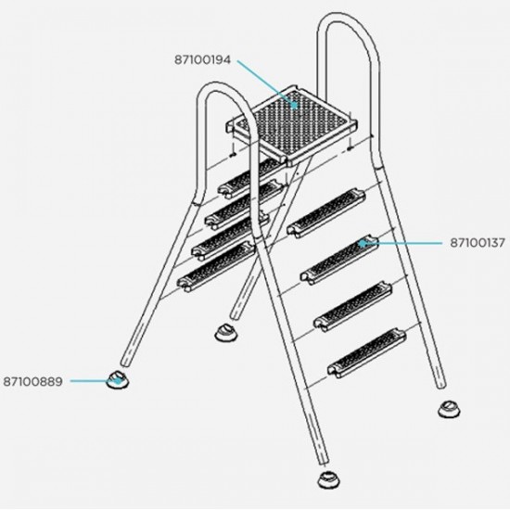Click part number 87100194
(x=203, y=60)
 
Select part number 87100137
(x=478, y=243)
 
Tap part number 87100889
(x=32, y=381)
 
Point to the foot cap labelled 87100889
(x=118, y=379)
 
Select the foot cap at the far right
(x=449, y=409)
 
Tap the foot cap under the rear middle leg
(x=226, y=333)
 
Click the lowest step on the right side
(x=366, y=353)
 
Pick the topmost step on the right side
(x=325, y=213)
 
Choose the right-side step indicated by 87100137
(x=339, y=260)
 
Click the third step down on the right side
(x=353, y=306)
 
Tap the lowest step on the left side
(x=216, y=267)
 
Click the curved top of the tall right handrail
(x=348, y=24)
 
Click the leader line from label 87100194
(x=267, y=83)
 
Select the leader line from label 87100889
(x=95, y=380)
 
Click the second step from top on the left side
(x=243, y=204)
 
